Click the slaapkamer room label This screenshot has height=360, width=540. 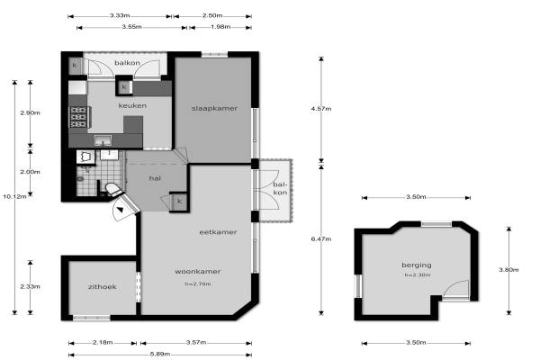tap(214, 109)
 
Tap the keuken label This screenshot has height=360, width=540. tap(132, 105)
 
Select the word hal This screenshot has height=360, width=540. tap(155, 178)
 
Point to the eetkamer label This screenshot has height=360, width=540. tap(218, 232)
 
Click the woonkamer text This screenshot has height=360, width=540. tap(198, 272)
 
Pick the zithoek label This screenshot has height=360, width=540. tap(102, 286)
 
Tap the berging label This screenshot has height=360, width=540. tap(417, 265)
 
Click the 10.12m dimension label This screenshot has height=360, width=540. tap(14, 196)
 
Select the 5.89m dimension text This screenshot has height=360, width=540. tap(160, 354)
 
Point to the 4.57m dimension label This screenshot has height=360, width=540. tap(321, 109)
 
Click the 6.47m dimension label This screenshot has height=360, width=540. tap(321, 238)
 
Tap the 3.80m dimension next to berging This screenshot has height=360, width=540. tap(508, 270)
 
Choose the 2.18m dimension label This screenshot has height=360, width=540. tap(103, 342)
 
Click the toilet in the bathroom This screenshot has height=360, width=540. tap(113, 190)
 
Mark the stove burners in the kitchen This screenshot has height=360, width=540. tap(78, 117)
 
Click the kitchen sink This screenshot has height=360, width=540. tap(103, 140)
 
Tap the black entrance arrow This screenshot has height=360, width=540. tap(120, 209)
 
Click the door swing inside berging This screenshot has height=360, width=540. tap(455, 289)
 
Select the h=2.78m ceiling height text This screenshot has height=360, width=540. tap(198, 284)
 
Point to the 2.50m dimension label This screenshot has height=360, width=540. tap(212, 15)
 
